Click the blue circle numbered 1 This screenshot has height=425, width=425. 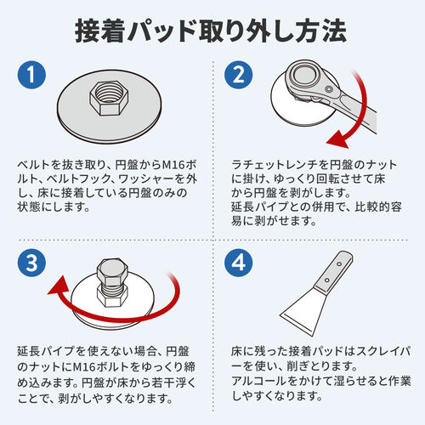click(31, 76)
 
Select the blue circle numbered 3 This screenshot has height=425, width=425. click(31, 264)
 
